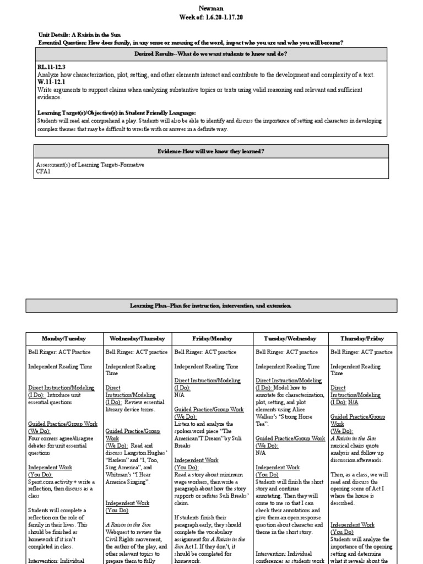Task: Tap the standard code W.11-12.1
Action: click(51, 82)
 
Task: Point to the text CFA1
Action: click(43, 171)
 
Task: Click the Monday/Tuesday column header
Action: click(64, 338)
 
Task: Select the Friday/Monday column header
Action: click(211, 338)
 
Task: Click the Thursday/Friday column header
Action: click(362, 338)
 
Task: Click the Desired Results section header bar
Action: click(211, 53)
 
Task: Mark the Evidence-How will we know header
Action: click(211, 151)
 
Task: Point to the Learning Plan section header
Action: click(211, 305)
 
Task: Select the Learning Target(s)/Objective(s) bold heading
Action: click(116, 112)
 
